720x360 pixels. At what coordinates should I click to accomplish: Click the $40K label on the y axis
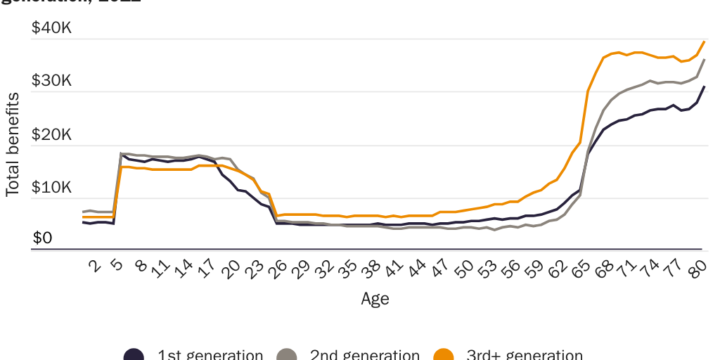(51, 28)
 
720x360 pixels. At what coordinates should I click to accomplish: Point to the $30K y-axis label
(51, 81)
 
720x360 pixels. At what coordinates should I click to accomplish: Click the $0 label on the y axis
(42, 238)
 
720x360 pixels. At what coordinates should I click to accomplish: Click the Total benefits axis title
(13, 144)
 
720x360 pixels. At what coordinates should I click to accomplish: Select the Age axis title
(375, 298)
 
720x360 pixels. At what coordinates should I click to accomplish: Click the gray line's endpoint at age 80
(705, 60)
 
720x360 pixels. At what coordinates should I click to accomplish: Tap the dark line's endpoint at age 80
(705, 86)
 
